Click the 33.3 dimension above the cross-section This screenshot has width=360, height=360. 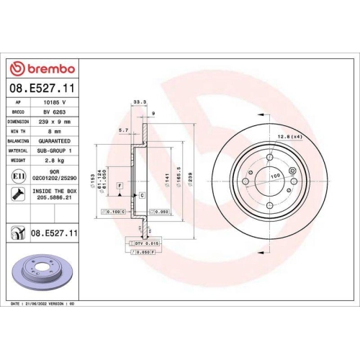pos(140,102)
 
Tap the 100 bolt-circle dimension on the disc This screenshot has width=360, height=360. pos(274,176)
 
